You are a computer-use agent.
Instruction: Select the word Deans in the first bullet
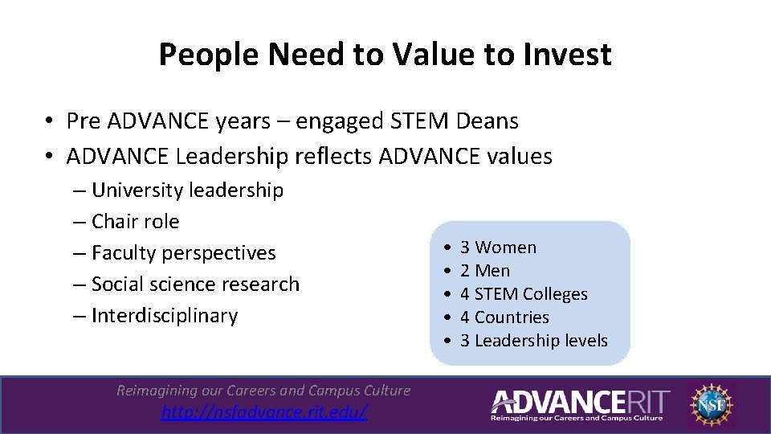point(487,121)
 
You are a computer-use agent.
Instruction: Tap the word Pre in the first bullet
point(84,121)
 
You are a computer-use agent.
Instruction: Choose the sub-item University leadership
point(186,190)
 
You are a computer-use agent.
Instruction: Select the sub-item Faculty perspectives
point(183,253)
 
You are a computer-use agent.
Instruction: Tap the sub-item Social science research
point(194,285)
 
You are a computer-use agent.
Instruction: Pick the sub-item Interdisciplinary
point(164,316)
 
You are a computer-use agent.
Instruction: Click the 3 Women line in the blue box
point(498,248)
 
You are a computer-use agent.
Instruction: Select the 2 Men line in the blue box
point(485,271)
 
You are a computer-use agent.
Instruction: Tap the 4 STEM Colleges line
point(524,294)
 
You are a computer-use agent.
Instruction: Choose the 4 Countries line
point(504,317)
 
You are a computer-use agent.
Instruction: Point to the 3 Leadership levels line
point(534,341)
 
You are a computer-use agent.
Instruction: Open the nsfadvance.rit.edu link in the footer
point(264,412)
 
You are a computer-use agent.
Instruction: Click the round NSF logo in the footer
point(711,403)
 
